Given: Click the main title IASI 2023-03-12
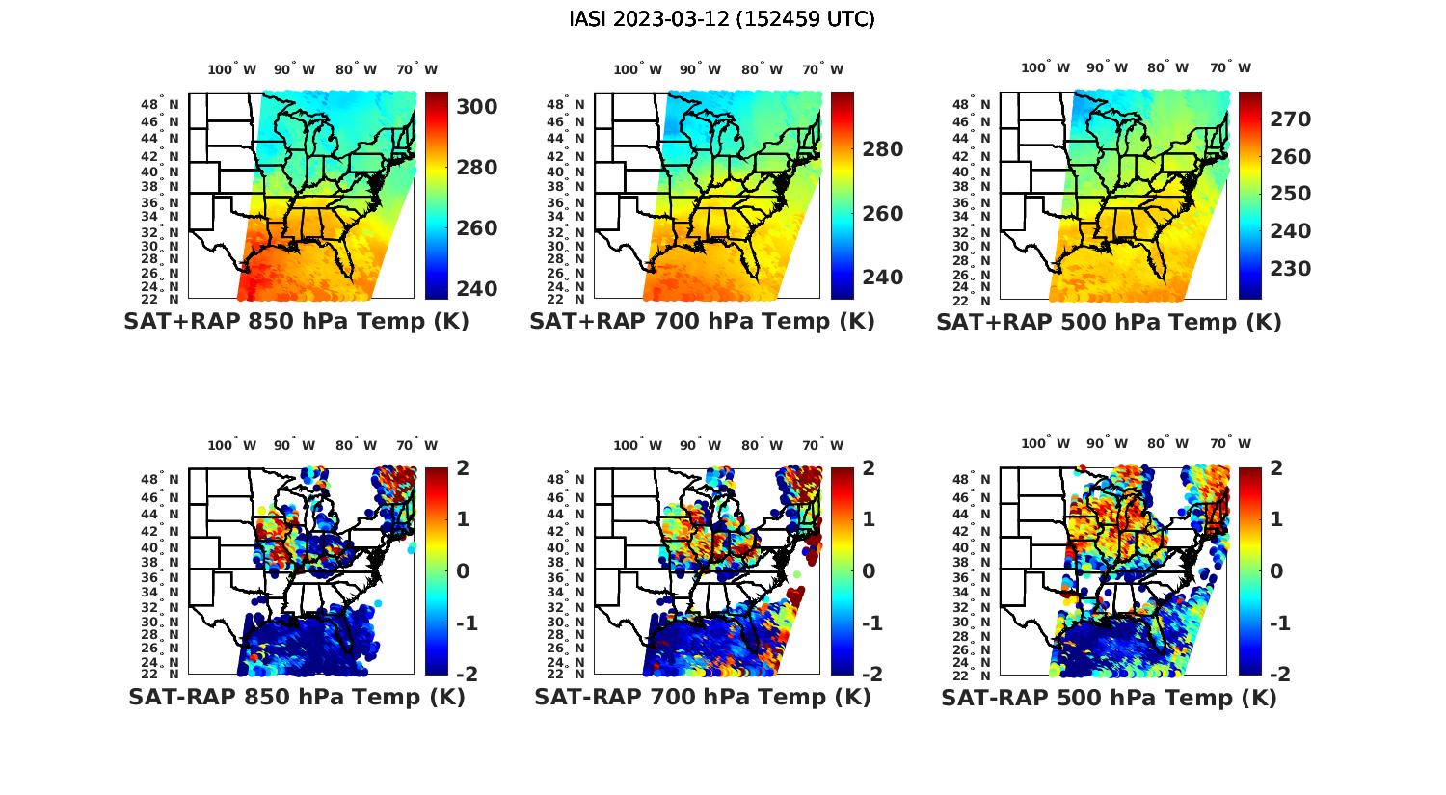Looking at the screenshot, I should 722,19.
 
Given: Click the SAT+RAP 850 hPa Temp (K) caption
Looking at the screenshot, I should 296,322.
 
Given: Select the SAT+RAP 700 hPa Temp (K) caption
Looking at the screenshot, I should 702,322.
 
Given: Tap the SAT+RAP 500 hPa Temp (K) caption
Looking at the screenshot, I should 1109,323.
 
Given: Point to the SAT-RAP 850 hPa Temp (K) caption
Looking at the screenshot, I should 296,697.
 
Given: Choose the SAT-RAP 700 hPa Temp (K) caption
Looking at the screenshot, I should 702,697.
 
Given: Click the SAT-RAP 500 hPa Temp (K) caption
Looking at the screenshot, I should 1109,698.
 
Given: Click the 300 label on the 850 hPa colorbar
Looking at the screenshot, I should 476,106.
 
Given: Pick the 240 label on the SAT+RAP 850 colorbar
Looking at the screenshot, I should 476,288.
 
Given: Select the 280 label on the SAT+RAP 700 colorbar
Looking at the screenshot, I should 882,149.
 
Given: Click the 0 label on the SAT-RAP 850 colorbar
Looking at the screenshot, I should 462,570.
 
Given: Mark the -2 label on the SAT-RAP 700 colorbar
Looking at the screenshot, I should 863,674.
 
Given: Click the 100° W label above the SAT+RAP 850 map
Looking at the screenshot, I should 231,69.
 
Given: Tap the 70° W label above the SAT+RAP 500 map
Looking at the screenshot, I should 1230,67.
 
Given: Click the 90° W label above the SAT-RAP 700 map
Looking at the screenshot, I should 700,445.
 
